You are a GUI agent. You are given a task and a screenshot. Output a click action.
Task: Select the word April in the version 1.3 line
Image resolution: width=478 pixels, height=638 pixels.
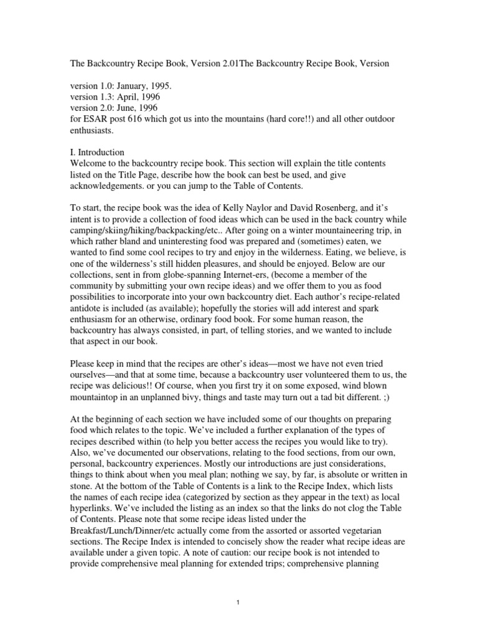(129, 98)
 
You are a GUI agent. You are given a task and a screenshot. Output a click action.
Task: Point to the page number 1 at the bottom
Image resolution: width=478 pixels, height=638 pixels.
(239, 602)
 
